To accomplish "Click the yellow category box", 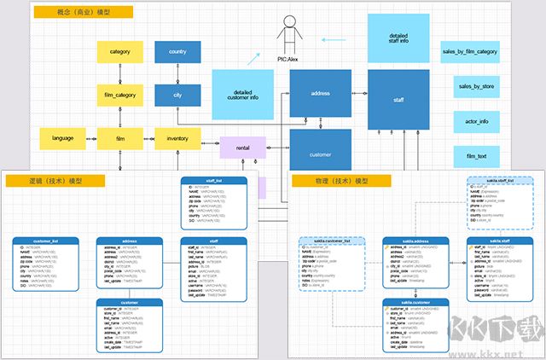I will pos(119,52).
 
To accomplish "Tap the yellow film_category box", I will pos(119,95).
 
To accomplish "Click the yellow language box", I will pos(63,137).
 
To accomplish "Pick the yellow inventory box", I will pos(177,137).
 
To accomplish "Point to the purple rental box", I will pos(242,148).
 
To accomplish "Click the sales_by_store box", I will pos(477,87).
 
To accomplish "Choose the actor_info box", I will pos(477,122).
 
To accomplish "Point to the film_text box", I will pos(477,157).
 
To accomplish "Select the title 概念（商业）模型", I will pos(83,13).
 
